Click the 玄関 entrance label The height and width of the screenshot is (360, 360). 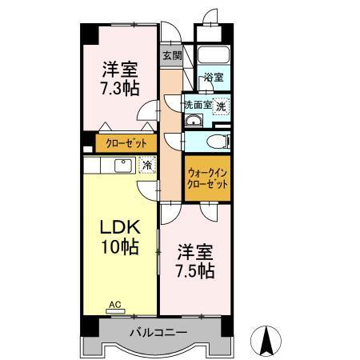click(x=172, y=56)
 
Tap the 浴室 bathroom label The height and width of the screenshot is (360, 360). click(x=214, y=78)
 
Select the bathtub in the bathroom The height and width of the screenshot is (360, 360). click(x=214, y=54)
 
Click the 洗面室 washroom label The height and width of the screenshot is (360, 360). click(x=198, y=105)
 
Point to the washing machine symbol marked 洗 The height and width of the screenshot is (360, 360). click(x=221, y=106)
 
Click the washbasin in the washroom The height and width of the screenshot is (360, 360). click(x=194, y=121)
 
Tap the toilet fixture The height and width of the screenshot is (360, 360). click(x=218, y=141)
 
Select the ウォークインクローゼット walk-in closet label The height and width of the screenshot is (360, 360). click(x=207, y=178)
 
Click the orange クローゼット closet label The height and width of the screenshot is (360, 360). click(x=126, y=143)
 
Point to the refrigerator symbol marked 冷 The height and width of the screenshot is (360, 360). click(x=147, y=165)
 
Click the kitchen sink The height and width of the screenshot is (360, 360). click(x=123, y=166)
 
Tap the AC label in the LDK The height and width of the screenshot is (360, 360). click(x=115, y=304)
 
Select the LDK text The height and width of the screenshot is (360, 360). click(x=120, y=227)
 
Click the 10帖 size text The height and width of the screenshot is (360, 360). click(x=120, y=247)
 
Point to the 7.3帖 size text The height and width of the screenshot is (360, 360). click(x=120, y=88)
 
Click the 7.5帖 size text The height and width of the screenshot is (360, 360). click(x=195, y=271)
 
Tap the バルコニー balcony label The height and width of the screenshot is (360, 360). click(x=158, y=332)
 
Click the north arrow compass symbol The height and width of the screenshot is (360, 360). click(x=266, y=341)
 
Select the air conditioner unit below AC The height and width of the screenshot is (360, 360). click(x=115, y=311)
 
